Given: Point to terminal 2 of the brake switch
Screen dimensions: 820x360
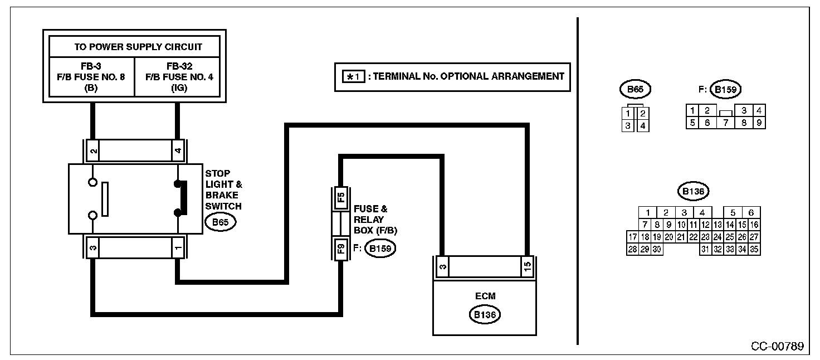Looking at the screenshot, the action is tap(94, 151).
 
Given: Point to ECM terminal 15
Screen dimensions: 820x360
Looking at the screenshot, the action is tap(527, 266).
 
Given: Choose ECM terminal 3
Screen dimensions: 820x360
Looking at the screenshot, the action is tap(441, 266).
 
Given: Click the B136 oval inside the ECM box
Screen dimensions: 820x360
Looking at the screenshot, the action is tap(484, 315).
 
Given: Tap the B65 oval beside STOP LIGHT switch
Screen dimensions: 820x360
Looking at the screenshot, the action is tap(221, 223).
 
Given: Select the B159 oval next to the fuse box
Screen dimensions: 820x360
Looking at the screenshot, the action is tap(379, 249).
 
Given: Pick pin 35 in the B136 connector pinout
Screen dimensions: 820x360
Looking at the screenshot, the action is tap(754, 250).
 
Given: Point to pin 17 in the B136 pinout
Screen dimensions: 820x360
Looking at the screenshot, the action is tap(632, 237).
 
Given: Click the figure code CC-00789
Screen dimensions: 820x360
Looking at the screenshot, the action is tap(777, 347).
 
